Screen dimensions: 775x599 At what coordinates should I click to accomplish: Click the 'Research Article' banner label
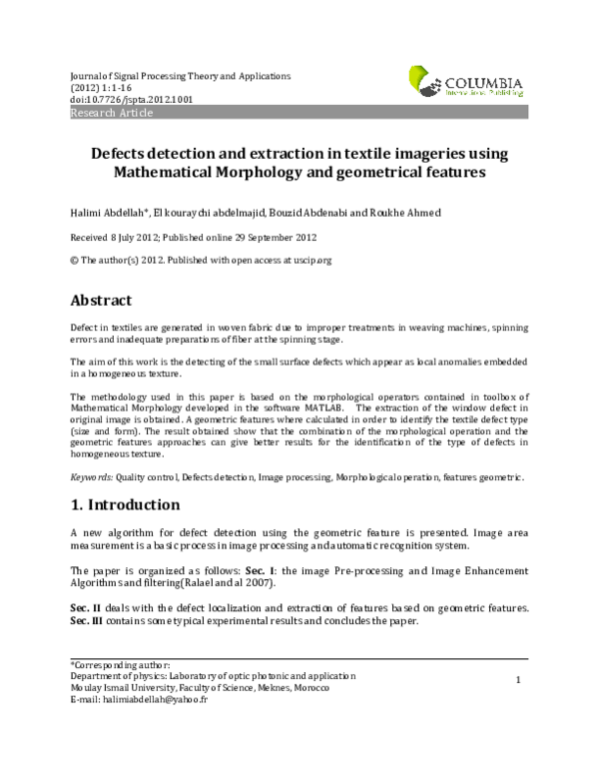click(x=111, y=114)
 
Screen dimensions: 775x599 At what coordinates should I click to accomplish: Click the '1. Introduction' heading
click(x=125, y=504)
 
